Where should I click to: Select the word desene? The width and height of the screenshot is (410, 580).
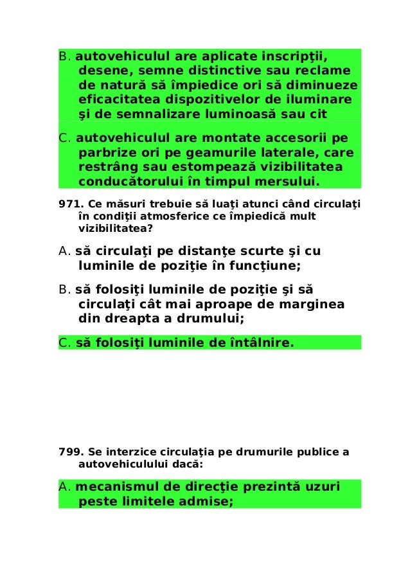(x=103, y=71)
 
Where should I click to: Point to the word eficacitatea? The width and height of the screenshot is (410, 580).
(x=119, y=100)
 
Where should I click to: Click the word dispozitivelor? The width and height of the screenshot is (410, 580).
(x=228, y=100)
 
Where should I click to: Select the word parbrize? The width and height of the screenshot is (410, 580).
(x=107, y=154)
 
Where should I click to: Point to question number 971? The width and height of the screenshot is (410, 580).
(x=68, y=204)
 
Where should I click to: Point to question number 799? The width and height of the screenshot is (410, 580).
(x=68, y=452)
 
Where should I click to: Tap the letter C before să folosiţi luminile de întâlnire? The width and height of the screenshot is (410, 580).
(x=64, y=343)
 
